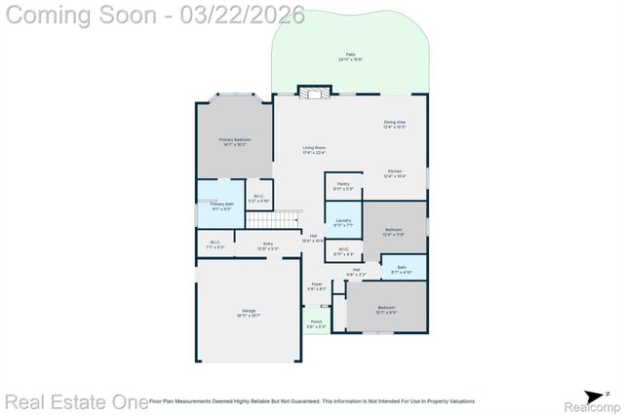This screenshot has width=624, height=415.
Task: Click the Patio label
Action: coord(350,57)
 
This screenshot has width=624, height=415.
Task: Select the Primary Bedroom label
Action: coord(234,143)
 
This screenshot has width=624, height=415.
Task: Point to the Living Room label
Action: coord(314,149)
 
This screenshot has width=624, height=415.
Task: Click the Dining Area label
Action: coord(394,124)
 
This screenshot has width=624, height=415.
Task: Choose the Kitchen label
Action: coord(394,173)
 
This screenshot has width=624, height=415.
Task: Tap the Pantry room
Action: coord(343,186)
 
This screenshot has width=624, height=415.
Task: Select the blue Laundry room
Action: coord(343,222)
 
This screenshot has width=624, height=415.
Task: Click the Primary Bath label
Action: coord(221,206)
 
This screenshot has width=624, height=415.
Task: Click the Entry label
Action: coord(268,245)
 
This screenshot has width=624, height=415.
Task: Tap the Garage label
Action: coord(250,313)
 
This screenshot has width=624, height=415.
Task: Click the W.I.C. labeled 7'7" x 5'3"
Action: coord(214,245)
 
